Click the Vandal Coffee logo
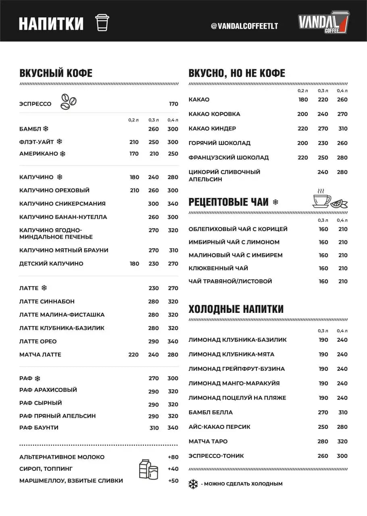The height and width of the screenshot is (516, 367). [x=323, y=23]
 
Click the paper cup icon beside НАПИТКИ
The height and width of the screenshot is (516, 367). [x=102, y=23]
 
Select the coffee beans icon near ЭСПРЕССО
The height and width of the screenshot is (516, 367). [x=68, y=102]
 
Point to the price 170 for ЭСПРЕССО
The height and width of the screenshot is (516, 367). [x=173, y=104]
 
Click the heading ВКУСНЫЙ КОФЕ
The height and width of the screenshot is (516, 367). [x=56, y=73]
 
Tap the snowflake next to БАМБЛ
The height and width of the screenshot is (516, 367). [x=46, y=129]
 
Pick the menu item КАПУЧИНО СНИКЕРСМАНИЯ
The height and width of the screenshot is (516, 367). [x=62, y=204]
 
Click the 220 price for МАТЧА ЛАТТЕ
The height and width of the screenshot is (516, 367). [x=133, y=355]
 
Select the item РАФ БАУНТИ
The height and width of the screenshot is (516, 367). [x=39, y=427]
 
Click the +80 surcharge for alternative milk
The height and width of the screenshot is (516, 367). [x=173, y=457]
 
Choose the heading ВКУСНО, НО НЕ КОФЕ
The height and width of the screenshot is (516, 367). [x=237, y=73]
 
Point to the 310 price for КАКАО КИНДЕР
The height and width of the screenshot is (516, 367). [x=343, y=129]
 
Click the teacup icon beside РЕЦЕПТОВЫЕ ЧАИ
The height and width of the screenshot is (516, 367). [x=322, y=198]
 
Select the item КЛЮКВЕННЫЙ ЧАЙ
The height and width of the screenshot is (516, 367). [x=218, y=268]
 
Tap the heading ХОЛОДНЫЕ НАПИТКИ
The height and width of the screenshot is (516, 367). [x=236, y=309]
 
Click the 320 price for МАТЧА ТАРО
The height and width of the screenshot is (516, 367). [x=342, y=441]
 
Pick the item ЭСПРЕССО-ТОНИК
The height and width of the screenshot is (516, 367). [x=216, y=456]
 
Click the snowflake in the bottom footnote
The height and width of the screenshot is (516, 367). [x=193, y=484]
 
